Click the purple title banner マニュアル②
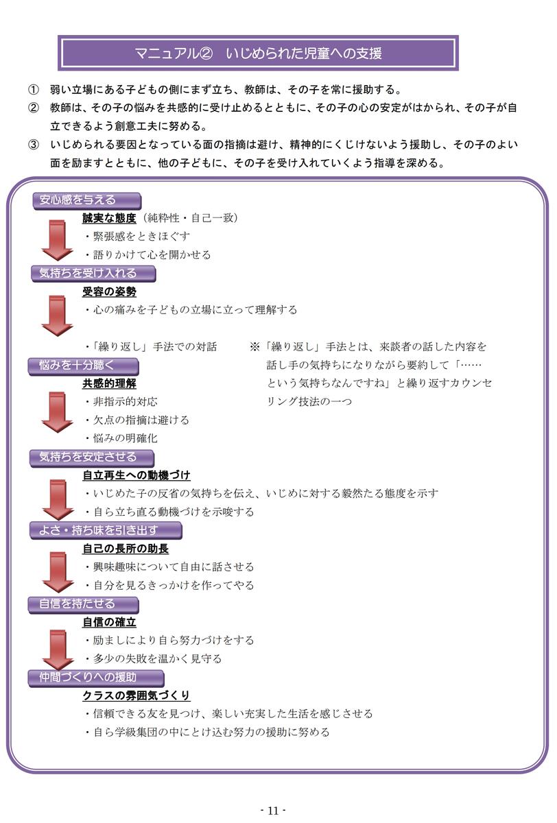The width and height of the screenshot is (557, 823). (258, 53)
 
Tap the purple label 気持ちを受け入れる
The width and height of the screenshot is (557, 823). (94, 274)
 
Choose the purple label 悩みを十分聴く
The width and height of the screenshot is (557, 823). (84, 366)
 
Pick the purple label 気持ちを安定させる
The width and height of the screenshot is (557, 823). (92, 458)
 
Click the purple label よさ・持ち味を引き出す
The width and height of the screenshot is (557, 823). (106, 531)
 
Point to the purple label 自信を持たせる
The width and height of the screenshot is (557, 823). (84, 605)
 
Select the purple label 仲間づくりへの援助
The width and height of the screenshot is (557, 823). (96, 678)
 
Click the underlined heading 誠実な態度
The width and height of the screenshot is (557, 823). (109, 218)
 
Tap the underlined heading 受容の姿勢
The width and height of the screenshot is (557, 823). (109, 291)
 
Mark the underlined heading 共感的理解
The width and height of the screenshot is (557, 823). (109, 383)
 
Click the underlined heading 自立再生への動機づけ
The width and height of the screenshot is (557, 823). (137, 475)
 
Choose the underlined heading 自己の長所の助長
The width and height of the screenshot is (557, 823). (126, 549)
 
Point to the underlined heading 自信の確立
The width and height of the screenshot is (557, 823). (109, 623)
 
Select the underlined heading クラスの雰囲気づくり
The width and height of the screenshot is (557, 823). (137, 695)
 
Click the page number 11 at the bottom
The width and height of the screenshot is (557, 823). (274, 811)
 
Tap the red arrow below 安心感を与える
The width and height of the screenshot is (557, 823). (58, 241)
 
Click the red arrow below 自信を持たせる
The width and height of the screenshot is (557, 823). (58, 649)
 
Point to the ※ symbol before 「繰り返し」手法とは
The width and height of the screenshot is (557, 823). (254, 347)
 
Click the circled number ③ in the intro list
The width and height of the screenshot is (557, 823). (33, 145)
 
